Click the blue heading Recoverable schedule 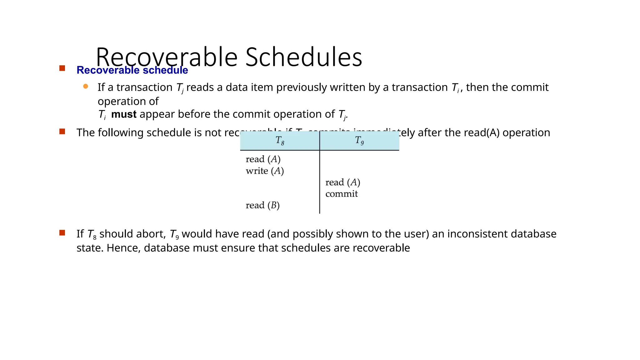click(x=132, y=70)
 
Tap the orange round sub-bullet click(x=86, y=87)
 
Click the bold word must click(x=124, y=114)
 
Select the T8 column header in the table click(x=280, y=141)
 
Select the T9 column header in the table click(x=359, y=141)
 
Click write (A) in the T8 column click(x=265, y=171)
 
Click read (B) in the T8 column click(x=262, y=205)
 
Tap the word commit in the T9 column click(x=342, y=194)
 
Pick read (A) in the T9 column click(x=343, y=182)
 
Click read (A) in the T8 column click(x=263, y=159)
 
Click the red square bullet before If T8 click(x=62, y=233)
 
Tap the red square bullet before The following click(x=62, y=132)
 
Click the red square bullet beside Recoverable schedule click(x=62, y=68)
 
